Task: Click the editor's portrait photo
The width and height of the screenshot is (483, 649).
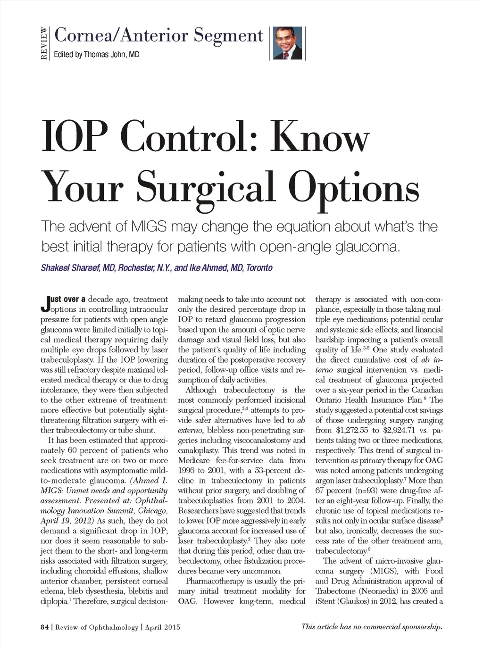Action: (287, 43)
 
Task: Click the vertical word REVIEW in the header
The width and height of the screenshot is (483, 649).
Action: (44, 43)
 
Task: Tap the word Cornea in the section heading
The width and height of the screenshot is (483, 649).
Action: (83, 35)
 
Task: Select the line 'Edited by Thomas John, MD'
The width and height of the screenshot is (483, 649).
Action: (96, 55)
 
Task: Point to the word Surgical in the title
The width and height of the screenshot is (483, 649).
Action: (206, 186)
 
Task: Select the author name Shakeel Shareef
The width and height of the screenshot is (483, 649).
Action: (71, 268)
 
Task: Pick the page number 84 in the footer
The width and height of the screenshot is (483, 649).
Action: (44, 627)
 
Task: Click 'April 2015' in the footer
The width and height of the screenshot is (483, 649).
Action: (163, 627)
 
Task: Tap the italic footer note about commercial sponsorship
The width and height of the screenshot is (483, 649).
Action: (372, 627)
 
